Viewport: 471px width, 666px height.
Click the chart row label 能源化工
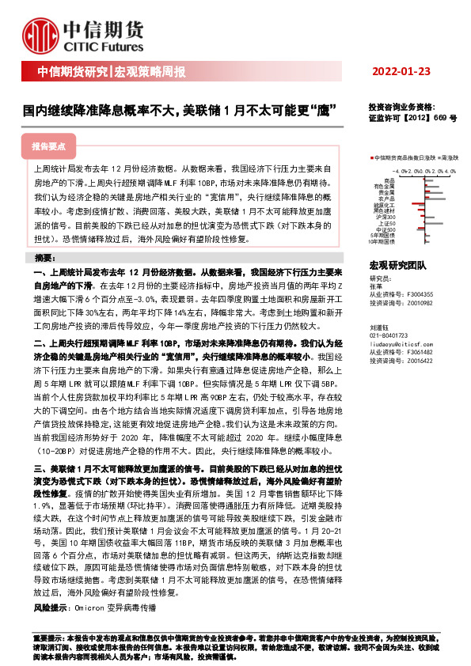pyautogui.click(x=384, y=205)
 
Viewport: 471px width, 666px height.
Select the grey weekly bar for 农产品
pyautogui.click(x=435, y=199)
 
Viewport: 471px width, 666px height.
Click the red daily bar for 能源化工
pyautogui.click(x=418, y=203)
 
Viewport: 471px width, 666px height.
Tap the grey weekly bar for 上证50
pyautogui.click(x=434, y=223)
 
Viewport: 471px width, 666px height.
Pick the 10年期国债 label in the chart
pyautogui.click(x=382, y=241)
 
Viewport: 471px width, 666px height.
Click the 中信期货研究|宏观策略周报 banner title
pyautogui.click(x=112, y=73)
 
